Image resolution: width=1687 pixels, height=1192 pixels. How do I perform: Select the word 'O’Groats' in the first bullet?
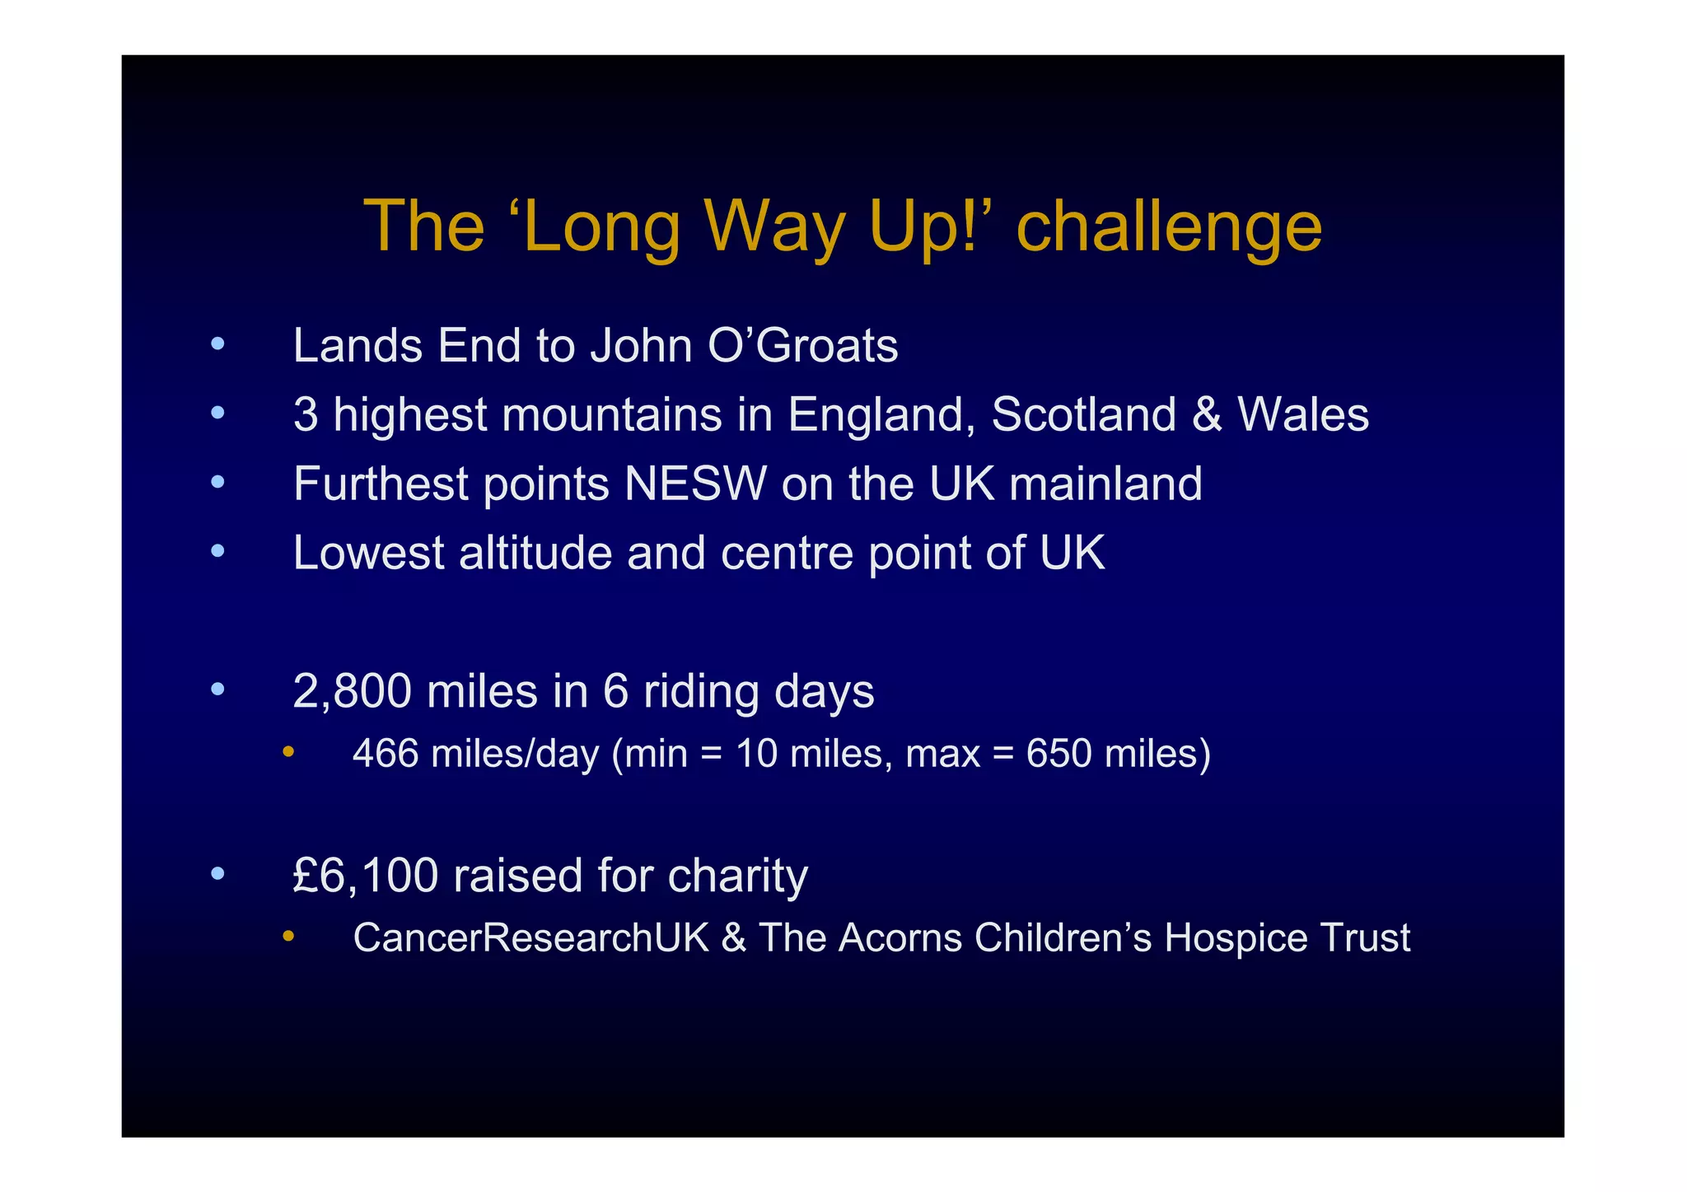point(802,346)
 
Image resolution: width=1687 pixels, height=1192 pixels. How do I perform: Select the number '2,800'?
point(352,691)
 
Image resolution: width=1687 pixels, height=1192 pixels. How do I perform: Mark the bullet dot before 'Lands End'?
point(217,344)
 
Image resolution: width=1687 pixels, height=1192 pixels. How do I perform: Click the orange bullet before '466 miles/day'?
point(287,751)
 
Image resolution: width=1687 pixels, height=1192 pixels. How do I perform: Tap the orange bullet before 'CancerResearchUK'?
point(287,936)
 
